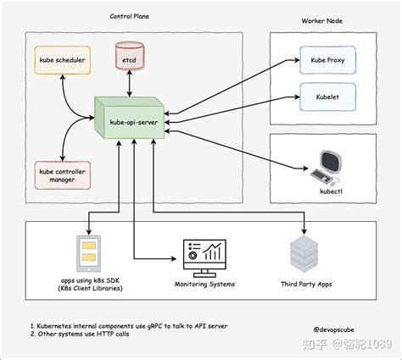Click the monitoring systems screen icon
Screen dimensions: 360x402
203,257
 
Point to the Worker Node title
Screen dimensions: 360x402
322,20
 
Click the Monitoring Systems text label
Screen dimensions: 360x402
204,285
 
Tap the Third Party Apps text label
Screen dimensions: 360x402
306,285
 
